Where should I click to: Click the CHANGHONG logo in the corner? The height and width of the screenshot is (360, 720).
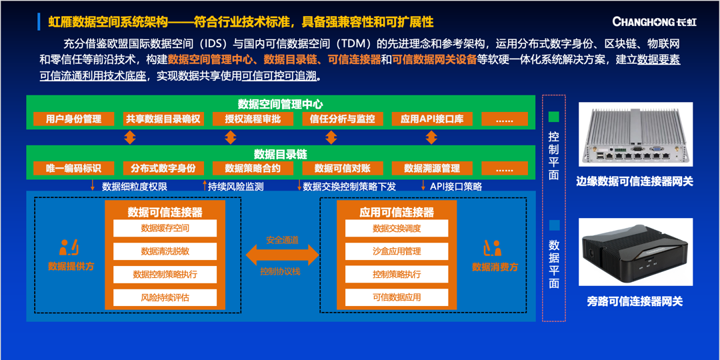point(654,21)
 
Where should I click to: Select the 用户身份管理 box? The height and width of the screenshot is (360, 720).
point(73,119)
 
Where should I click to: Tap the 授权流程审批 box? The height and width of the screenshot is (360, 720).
point(253,119)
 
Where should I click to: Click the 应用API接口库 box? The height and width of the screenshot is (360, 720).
point(431,119)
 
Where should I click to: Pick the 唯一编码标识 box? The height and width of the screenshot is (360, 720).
point(73,168)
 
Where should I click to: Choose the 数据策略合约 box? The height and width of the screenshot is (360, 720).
point(253,168)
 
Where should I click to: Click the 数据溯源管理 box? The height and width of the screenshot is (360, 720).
point(431,168)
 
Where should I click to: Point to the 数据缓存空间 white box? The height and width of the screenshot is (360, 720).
point(165,228)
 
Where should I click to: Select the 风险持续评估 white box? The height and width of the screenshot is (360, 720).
point(165,297)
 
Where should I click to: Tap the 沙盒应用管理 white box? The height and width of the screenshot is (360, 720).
point(397,251)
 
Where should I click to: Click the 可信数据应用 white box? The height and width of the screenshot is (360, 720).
point(397,297)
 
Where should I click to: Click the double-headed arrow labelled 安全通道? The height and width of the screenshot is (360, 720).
point(283,255)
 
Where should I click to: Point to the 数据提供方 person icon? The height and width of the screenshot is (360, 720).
point(69,247)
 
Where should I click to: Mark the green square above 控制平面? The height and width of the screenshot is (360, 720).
point(554,117)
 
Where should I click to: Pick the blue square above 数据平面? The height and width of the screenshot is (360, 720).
point(554,225)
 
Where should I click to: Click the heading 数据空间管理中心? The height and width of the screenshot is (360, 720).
point(280,104)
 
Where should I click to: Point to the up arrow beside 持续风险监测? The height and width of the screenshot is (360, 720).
point(205,186)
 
